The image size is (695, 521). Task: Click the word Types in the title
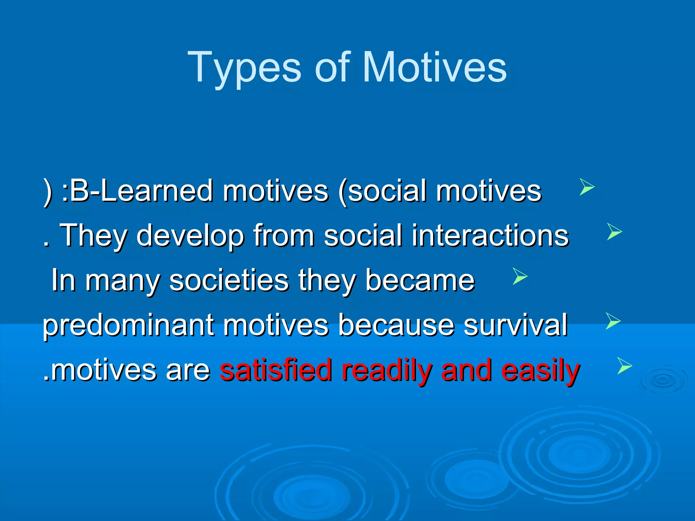(x=244, y=68)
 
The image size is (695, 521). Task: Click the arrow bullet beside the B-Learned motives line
(x=587, y=187)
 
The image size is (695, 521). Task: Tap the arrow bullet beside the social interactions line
(x=614, y=232)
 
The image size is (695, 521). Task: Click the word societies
(x=229, y=281)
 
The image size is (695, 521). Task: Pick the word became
(x=420, y=281)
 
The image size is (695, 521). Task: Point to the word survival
(x=515, y=325)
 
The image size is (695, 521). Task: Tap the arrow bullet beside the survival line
(x=613, y=321)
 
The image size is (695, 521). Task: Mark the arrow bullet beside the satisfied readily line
(x=624, y=366)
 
